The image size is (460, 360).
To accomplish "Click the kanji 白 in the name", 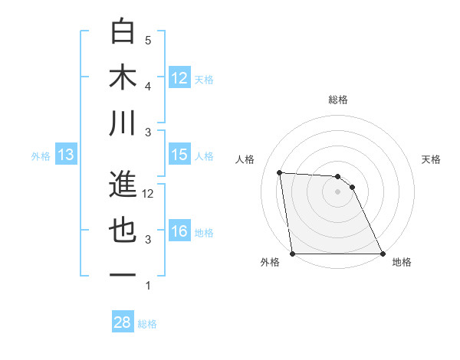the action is tap(123, 31).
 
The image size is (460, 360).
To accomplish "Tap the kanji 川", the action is tap(123, 123).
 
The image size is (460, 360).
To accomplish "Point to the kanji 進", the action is tap(123, 185).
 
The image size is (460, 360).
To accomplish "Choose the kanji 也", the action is tap(123, 231).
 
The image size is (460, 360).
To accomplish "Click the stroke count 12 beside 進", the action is tap(148, 194).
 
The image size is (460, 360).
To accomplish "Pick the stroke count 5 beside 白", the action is tap(148, 41).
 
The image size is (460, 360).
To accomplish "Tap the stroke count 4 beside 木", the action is tap(148, 87).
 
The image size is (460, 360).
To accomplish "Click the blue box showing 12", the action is tap(179, 77).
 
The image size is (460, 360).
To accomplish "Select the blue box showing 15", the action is tap(179, 155).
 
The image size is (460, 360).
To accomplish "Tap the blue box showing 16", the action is tap(179, 231).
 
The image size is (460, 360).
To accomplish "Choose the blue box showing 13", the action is tap(65, 155).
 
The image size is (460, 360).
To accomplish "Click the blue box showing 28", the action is tap(123, 322).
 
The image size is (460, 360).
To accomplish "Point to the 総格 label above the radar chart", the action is tap(338, 100).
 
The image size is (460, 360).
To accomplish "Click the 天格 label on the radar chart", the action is tap(432, 159).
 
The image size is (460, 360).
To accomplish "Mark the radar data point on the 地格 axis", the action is tap(383, 254).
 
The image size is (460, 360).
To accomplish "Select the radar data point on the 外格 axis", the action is tap(293, 254).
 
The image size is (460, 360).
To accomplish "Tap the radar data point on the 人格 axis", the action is tap(280, 172).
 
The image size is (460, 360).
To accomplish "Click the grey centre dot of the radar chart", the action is tap(338, 191).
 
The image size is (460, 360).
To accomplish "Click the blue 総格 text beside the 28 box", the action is tap(147, 324).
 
